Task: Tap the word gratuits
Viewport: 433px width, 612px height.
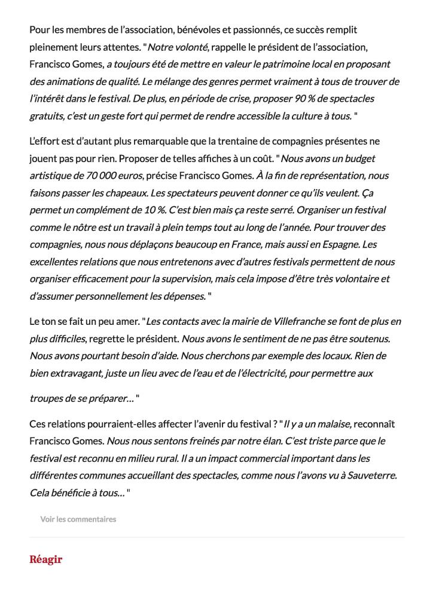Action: tap(46, 115)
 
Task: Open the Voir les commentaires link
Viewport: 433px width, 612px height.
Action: tap(78, 519)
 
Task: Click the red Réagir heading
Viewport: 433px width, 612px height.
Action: tap(46, 560)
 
